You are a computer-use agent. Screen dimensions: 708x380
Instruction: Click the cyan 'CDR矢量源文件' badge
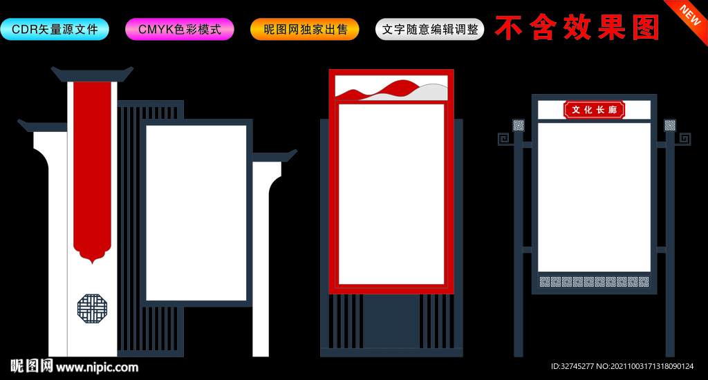[x=55, y=29]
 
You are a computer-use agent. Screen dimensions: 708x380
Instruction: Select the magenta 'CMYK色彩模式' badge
[x=180, y=29]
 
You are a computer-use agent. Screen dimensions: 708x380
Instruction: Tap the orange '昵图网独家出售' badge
[x=305, y=29]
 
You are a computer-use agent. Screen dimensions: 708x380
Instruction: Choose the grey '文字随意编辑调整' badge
[x=430, y=29]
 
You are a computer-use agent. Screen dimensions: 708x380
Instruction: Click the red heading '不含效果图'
[x=577, y=28]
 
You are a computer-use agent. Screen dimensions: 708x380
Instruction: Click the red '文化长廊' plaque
[x=594, y=110]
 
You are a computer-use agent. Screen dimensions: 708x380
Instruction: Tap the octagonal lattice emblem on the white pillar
[x=92, y=309]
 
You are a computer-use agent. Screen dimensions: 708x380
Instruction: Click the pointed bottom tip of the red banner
[x=92, y=263]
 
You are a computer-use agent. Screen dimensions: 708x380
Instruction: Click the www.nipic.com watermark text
[x=97, y=368]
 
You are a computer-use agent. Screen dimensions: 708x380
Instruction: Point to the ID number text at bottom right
[x=622, y=366]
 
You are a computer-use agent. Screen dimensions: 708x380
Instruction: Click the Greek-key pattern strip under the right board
[x=594, y=282]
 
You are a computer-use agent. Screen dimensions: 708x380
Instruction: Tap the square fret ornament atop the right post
[x=670, y=125]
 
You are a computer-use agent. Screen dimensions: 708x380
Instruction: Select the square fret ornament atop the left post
[x=519, y=125]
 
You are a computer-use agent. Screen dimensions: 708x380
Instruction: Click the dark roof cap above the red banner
[x=92, y=74]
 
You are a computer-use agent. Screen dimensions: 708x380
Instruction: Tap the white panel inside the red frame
[x=391, y=194]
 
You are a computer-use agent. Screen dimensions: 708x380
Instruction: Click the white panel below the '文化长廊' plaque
[x=594, y=197]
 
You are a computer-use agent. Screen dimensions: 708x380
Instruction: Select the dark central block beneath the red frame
[x=391, y=321]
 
